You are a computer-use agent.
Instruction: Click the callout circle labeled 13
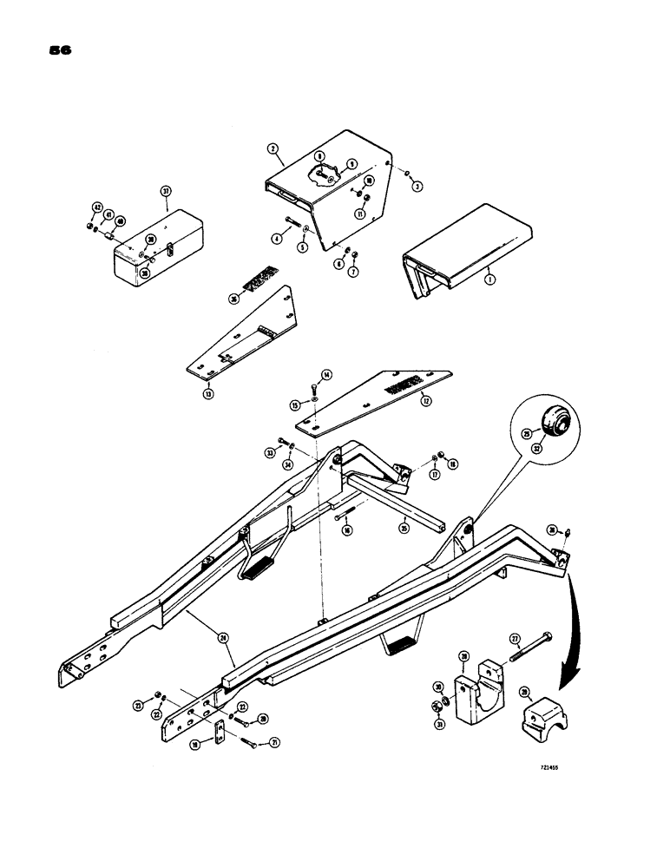[x=208, y=393]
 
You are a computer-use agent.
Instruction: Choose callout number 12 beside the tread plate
[x=424, y=400]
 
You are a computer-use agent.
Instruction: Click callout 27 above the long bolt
[x=514, y=638]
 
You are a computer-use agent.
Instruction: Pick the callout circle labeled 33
[x=270, y=452]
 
